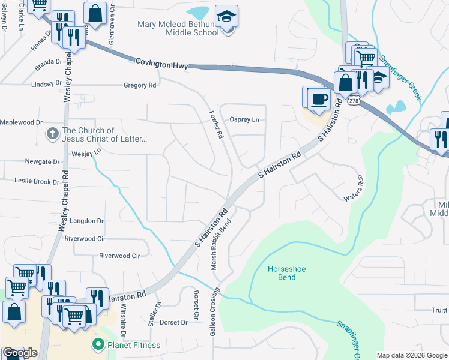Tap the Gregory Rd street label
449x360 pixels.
(139, 85)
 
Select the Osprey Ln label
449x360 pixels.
(246, 119)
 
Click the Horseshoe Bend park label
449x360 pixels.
(286, 273)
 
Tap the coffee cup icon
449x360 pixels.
(319, 98)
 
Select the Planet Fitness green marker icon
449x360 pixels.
(96, 344)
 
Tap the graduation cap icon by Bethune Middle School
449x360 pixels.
(227, 16)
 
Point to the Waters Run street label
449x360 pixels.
(354, 190)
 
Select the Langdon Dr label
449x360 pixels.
(87, 221)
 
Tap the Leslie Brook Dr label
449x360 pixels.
(37, 181)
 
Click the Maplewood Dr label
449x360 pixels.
(22, 122)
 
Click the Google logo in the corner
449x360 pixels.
(20, 353)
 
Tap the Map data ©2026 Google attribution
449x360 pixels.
(411, 355)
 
